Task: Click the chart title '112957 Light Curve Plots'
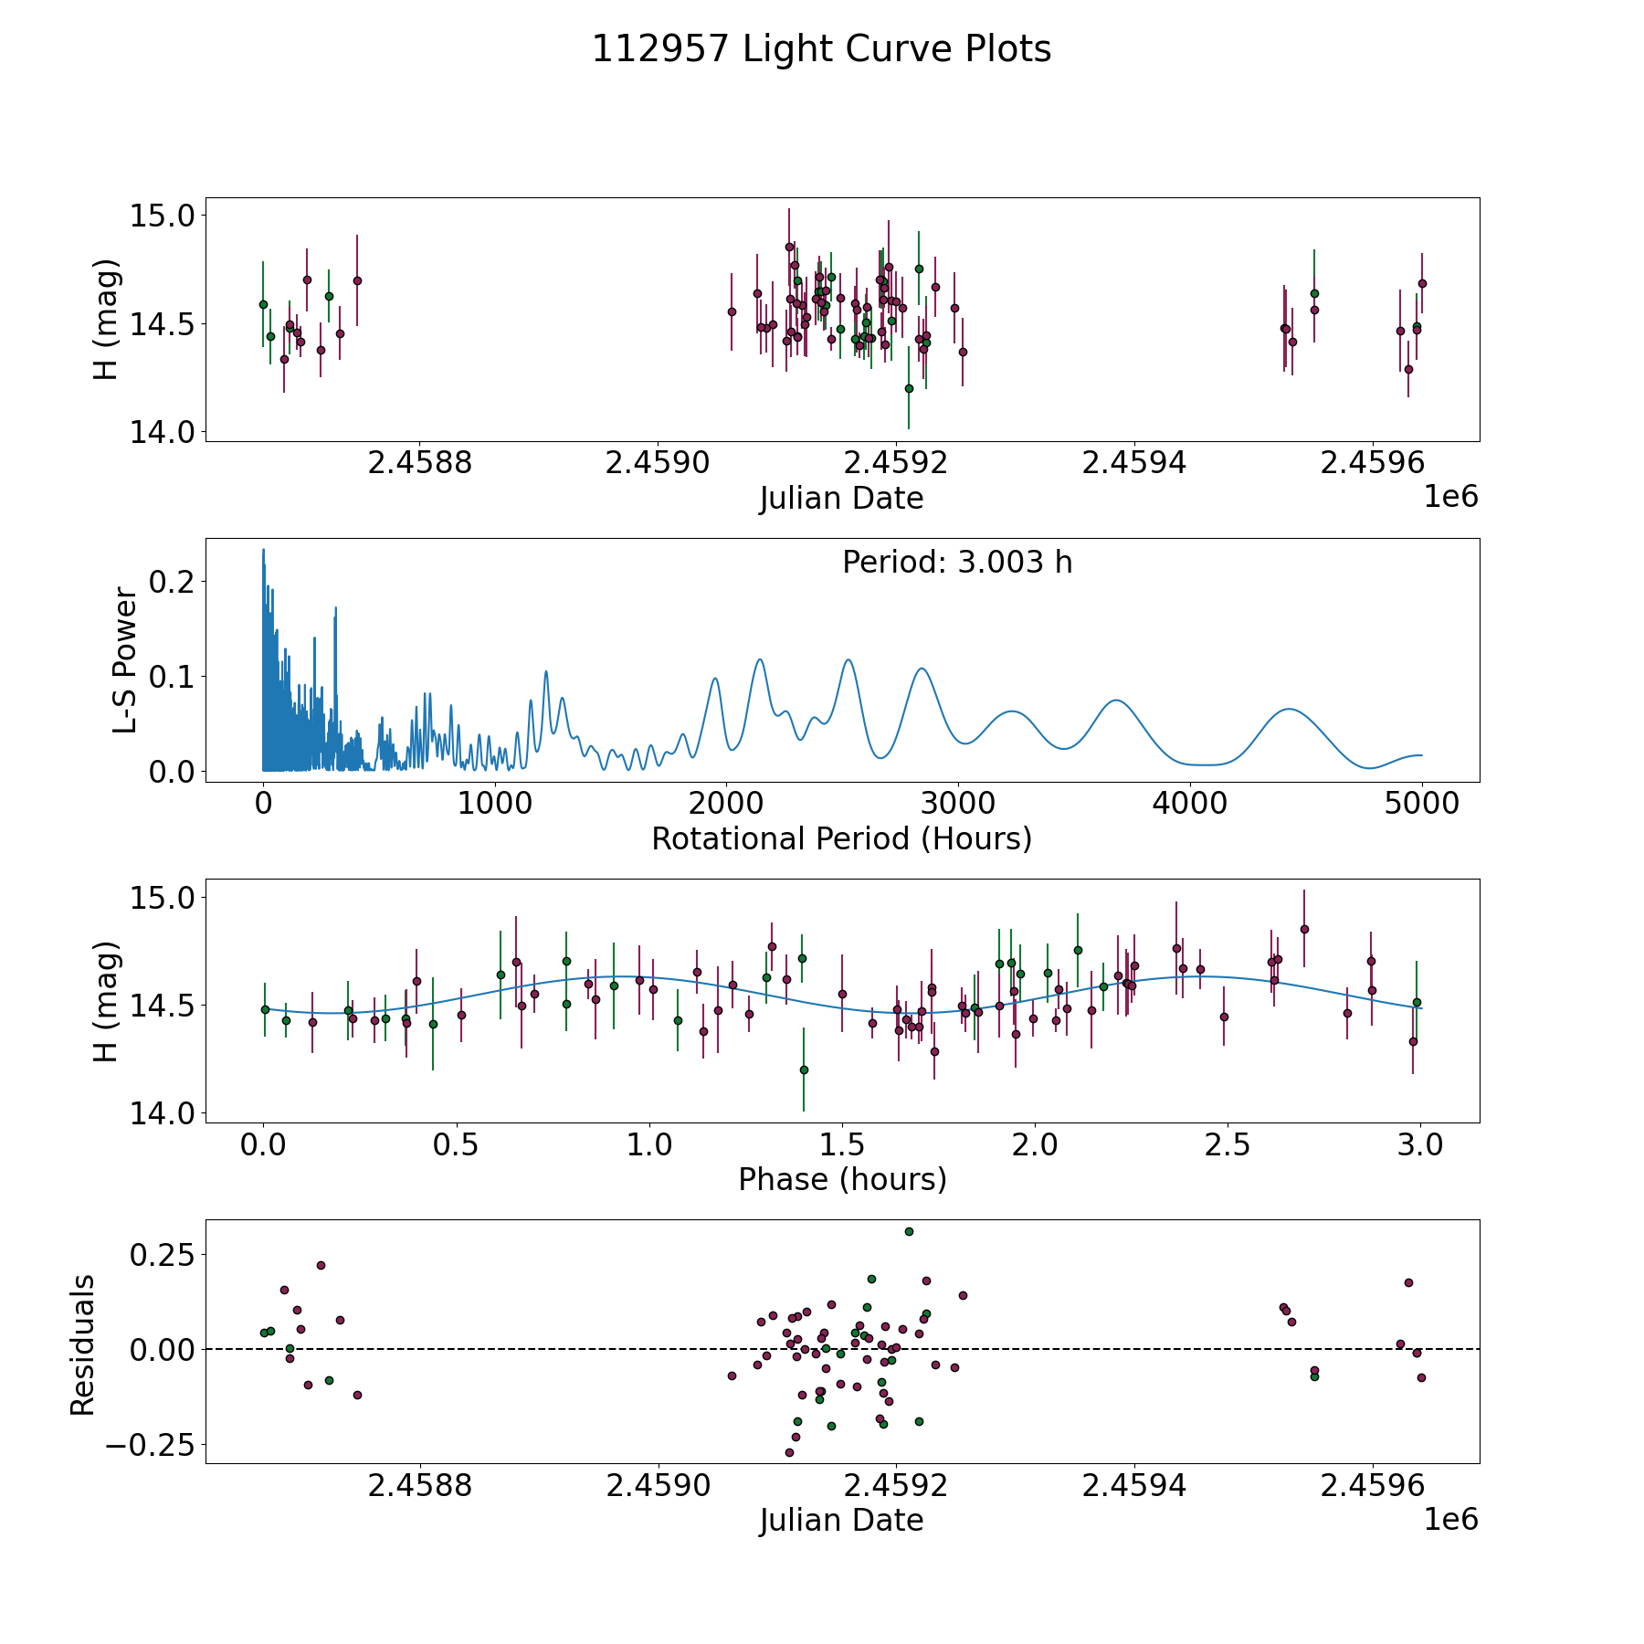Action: [821, 49]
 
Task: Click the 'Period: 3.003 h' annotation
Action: [957, 563]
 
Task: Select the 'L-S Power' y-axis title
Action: [125, 660]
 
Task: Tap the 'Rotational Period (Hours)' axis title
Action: [841, 838]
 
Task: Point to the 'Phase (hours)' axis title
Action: [841, 1179]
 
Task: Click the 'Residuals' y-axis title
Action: [82, 1344]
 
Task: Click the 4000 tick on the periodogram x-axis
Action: [1190, 804]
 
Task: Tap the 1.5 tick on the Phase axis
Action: [842, 1144]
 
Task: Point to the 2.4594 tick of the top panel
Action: [1134, 463]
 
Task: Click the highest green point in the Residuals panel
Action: [909, 1231]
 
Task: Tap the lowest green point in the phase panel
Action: [804, 1070]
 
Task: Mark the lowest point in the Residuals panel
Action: [789, 1452]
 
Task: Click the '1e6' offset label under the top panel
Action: [1450, 497]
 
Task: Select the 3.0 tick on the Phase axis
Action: [1420, 1144]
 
